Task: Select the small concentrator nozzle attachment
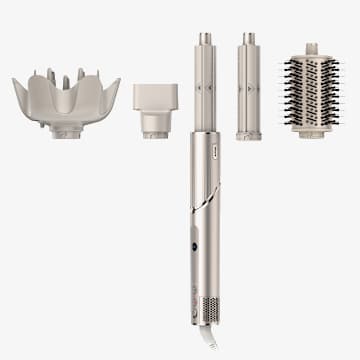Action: click(155, 109)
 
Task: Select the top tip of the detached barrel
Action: click(249, 38)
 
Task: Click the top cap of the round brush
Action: click(311, 48)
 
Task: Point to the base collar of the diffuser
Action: click(66, 130)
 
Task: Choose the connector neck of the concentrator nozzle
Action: click(155, 125)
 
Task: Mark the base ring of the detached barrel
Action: click(249, 134)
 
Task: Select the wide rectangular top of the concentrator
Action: click(155, 96)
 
